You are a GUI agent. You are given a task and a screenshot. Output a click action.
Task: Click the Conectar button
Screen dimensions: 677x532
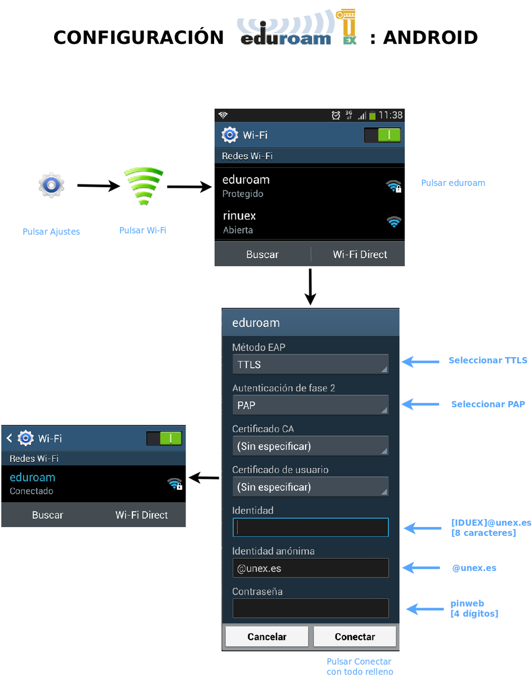point(354,637)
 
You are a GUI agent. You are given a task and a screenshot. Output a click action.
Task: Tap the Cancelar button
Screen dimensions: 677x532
point(267,637)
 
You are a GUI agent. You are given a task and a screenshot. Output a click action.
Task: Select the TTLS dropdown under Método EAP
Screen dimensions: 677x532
point(311,364)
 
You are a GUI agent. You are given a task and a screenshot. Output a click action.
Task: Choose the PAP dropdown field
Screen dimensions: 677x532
point(311,405)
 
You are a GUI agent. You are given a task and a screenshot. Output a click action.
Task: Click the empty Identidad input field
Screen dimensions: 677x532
point(311,527)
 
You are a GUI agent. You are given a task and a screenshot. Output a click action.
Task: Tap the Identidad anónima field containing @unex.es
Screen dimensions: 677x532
point(311,568)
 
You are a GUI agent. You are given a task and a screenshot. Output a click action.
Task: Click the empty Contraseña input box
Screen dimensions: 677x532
point(311,609)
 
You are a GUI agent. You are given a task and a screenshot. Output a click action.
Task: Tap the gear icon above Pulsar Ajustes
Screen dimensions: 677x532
point(51,186)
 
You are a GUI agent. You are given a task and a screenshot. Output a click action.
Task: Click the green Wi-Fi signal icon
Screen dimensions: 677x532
point(143,186)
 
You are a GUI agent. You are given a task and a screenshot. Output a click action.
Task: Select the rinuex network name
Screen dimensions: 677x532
point(240,216)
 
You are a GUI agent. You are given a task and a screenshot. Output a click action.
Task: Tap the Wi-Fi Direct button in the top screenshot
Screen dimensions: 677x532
point(360,254)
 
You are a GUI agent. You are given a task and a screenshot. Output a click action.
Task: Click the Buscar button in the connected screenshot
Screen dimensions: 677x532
point(47,515)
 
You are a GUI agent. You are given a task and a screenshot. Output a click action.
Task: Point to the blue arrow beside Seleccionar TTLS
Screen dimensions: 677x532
point(420,361)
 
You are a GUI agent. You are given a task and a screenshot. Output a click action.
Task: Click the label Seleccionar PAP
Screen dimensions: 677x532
point(488,405)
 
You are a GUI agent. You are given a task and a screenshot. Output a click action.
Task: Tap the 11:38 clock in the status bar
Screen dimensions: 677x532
point(390,115)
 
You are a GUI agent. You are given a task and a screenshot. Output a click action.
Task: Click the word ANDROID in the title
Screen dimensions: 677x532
point(431,38)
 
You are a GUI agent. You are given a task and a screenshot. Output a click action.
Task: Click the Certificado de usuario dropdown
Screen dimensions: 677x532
point(311,487)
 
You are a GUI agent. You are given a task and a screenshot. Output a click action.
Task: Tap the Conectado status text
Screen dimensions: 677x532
point(32,491)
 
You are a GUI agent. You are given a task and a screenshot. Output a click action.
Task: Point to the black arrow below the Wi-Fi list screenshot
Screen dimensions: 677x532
point(310,287)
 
